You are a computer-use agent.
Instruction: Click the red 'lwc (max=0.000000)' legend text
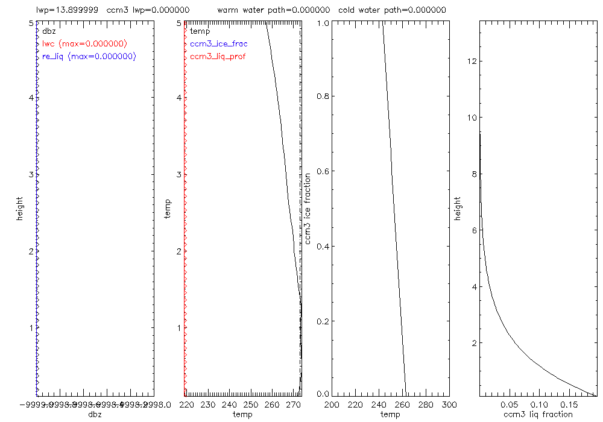click(84, 44)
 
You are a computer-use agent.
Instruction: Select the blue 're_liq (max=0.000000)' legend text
click(89, 56)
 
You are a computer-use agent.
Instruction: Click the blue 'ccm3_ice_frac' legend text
click(218, 44)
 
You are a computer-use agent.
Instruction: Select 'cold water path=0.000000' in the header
click(392, 10)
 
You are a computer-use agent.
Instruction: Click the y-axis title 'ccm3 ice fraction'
click(308, 208)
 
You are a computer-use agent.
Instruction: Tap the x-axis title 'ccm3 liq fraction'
click(537, 414)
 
